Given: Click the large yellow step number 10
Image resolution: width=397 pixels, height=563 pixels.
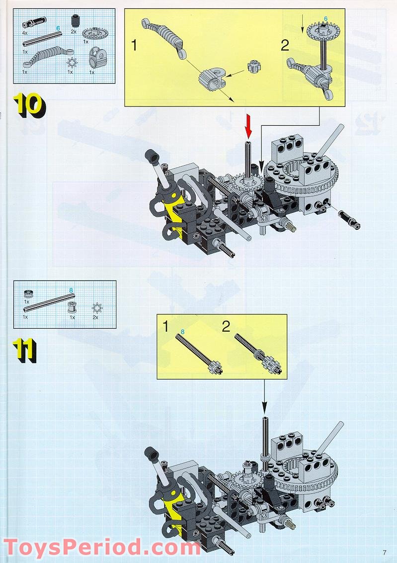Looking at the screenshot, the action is pos(29,105).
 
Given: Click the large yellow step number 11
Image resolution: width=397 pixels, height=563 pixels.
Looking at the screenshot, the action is pos(24,351).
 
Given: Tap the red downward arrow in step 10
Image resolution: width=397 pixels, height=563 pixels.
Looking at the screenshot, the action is pos(248,126).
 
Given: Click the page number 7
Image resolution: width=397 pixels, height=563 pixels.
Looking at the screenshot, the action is pos(385,553).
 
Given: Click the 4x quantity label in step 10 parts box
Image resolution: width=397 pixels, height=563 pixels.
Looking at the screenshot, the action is pos(25,33).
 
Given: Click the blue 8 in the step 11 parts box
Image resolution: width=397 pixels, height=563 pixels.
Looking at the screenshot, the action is pos(71,290).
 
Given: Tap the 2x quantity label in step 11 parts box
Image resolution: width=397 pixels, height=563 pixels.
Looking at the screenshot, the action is pos(95,317).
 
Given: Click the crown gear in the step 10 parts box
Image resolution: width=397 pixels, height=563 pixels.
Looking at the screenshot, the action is pos(95,34).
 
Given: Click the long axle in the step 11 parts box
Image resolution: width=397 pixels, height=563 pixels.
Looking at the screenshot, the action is pos(49,302).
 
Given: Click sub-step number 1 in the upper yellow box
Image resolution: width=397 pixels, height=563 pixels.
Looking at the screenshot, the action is pos(134,46).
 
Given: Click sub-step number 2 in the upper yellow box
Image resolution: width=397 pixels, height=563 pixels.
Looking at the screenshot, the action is pos(285,46).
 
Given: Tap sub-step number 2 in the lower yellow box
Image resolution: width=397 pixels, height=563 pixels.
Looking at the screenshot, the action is pos(226,326).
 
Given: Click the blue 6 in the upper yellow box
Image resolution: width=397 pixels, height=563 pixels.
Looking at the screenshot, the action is pos(325,19).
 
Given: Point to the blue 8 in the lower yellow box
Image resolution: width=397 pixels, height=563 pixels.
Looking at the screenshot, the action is pos(182,332).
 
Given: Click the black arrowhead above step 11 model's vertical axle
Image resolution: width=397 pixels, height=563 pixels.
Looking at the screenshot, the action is pos(264,407).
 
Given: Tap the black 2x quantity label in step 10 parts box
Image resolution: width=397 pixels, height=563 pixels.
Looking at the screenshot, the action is pos(74,32).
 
